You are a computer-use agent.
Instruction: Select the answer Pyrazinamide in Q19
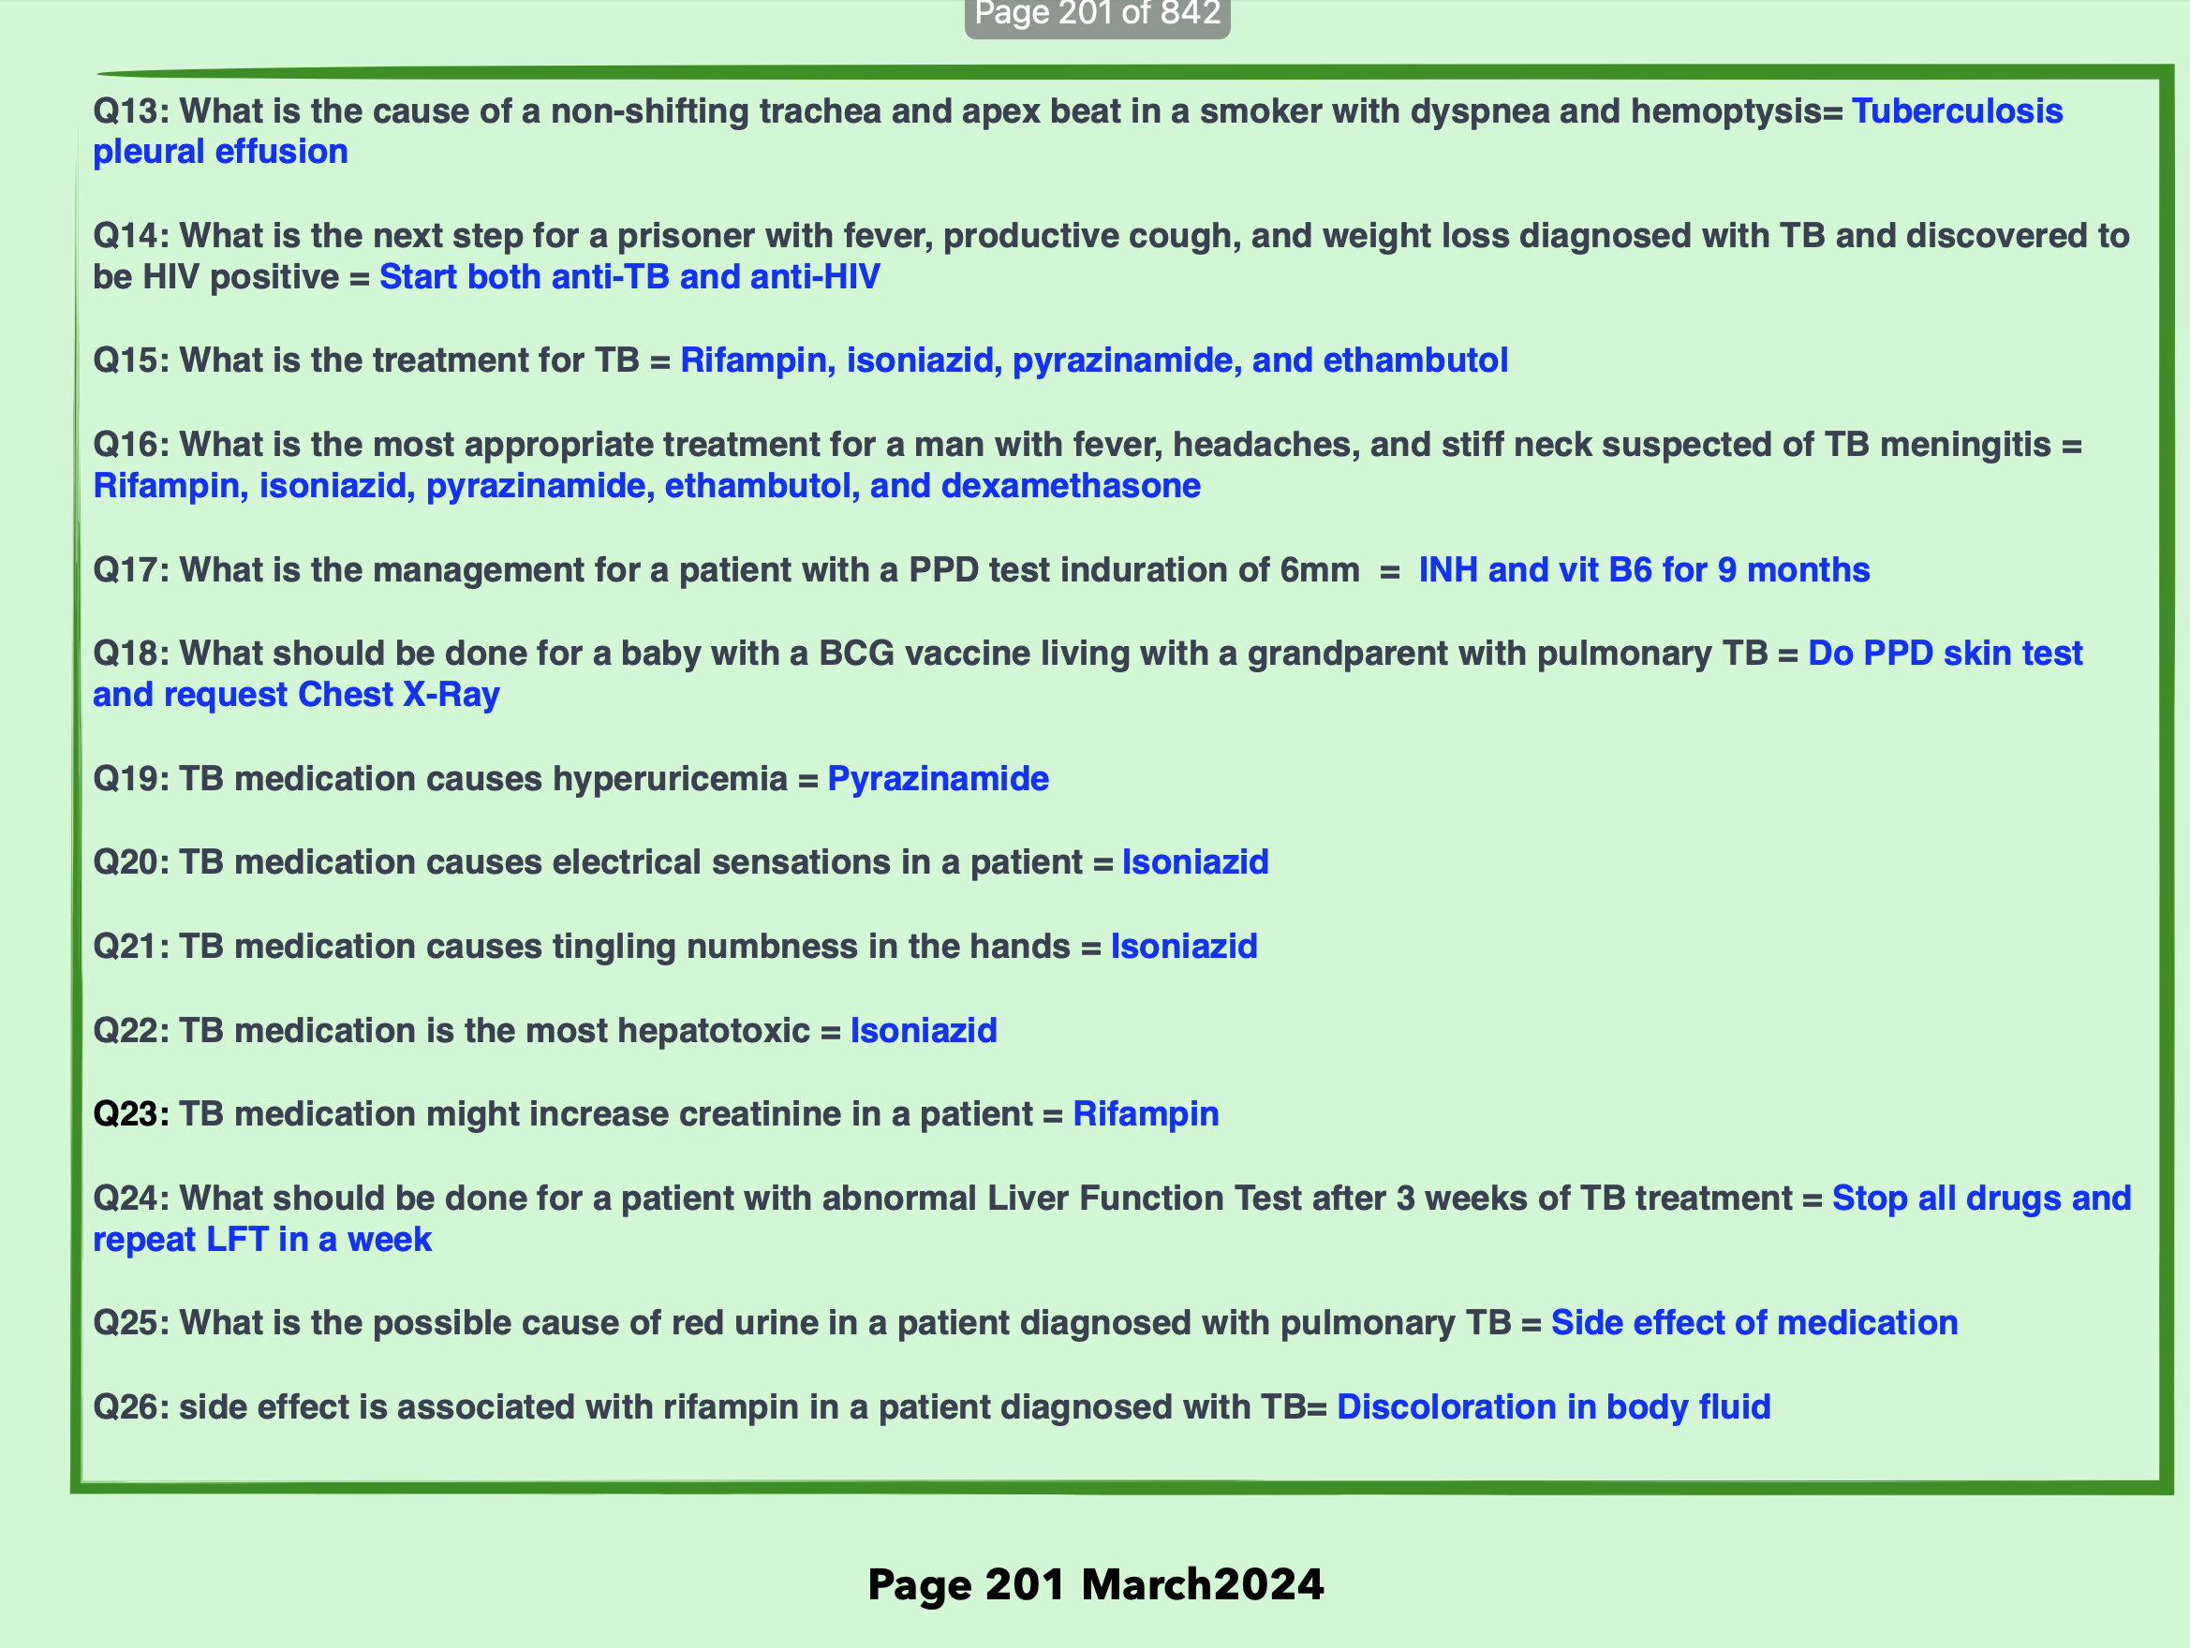pyautogui.click(x=938, y=779)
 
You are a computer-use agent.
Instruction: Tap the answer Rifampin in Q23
pyautogui.click(x=1146, y=1113)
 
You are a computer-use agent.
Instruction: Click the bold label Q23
pyautogui.click(x=128, y=1113)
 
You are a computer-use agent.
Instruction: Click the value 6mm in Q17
pyautogui.click(x=1319, y=570)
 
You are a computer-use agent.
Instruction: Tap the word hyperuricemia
pyautogui.click(x=670, y=779)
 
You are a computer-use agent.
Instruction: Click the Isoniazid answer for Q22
pyautogui.click(x=923, y=1030)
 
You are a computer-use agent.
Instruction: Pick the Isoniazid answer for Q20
pyautogui.click(x=1194, y=862)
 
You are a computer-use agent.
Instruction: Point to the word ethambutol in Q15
pyautogui.click(x=1414, y=360)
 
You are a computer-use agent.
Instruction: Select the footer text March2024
pyautogui.click(x=1202, y=1583)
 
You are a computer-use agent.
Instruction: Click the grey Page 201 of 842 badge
pyautogui.click(x=1097, y=15)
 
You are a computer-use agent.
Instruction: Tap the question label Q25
pyautogui.click(x=128, y=1322)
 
